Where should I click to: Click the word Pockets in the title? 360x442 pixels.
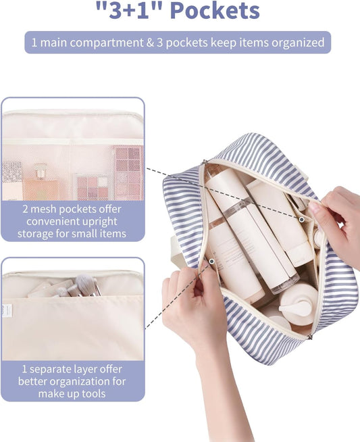point(214,11)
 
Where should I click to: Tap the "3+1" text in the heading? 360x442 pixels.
point(128,11)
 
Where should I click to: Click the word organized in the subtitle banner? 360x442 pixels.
point(294,43)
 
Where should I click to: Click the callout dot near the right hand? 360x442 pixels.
point(301,219)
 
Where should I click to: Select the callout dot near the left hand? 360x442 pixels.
point(211,261)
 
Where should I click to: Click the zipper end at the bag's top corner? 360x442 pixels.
point(204,162)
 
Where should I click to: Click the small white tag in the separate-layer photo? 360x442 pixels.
point(4,310)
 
